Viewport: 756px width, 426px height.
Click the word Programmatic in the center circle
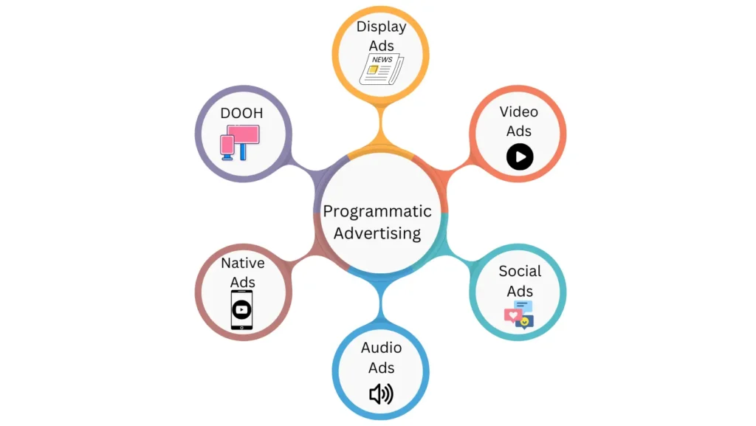[377, 212]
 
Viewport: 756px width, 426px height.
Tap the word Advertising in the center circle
[377, 233]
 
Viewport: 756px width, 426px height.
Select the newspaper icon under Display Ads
[382, 69]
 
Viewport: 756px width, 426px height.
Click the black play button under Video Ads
[520, 157]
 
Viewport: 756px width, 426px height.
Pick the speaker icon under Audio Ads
[382, 394]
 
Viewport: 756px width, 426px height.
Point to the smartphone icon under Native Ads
[241, 310]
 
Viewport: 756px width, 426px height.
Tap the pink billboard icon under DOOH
[240, 142]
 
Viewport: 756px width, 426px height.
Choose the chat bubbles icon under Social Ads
[519, 315]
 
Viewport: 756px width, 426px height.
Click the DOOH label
[241, 113]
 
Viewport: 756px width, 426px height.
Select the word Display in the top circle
[382, 27]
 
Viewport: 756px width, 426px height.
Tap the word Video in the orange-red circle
[519, 111]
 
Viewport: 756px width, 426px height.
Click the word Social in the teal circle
[520, 271]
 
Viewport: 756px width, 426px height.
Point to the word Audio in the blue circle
[382, 348]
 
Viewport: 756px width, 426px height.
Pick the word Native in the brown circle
[242, 263]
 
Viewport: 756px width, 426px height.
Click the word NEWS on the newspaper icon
[382, 60]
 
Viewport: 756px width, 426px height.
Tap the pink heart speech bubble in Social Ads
[512, 316]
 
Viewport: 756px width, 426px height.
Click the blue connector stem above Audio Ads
[381, 303]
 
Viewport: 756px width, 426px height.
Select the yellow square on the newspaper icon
[373, 70]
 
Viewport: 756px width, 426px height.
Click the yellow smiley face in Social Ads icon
[525, 321]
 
